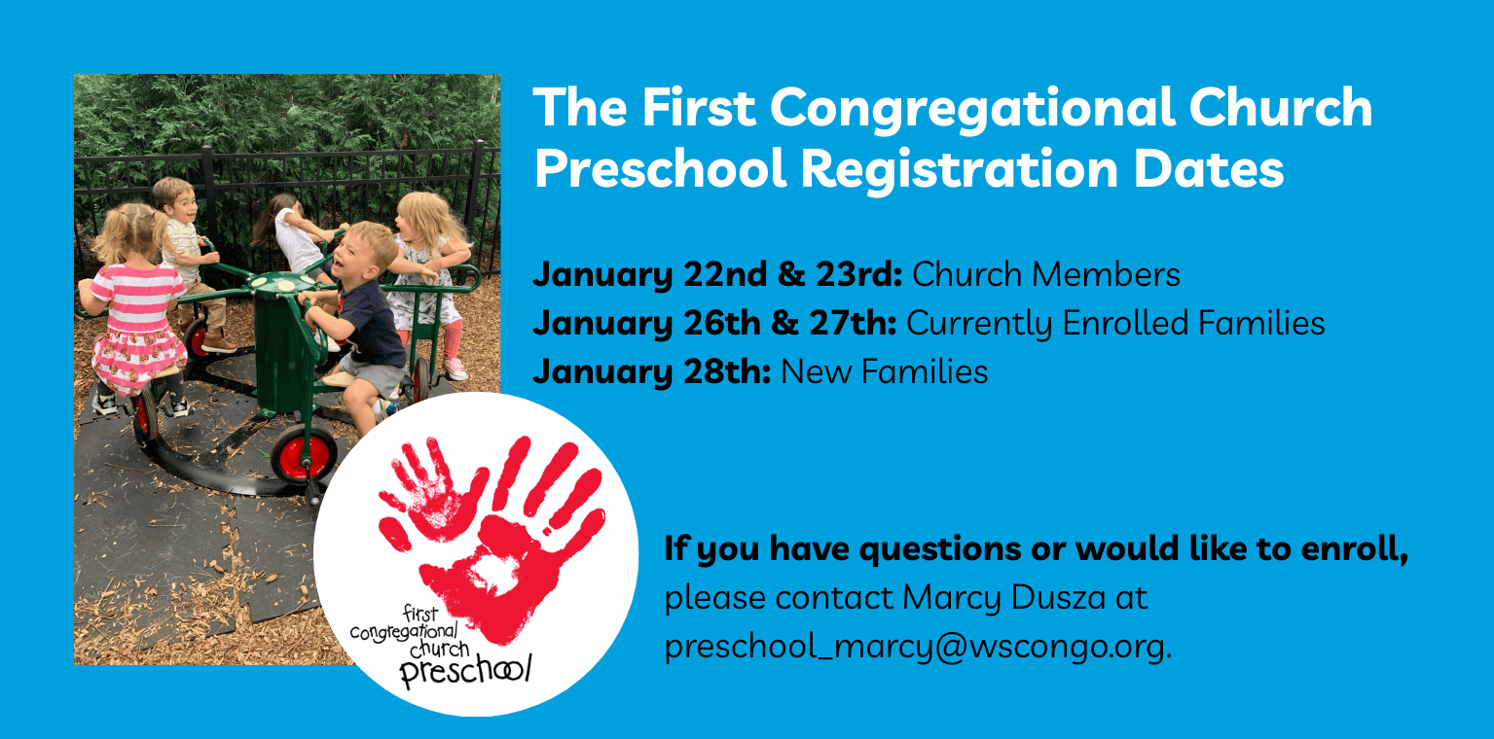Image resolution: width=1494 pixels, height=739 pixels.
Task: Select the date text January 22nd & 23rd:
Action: tap(717, 274)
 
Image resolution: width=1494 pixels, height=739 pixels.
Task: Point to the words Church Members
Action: tap(1045, 274)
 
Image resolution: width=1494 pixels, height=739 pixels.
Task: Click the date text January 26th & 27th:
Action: tap(714, 323)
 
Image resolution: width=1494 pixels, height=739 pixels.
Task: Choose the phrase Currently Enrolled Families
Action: tap(1115, 323)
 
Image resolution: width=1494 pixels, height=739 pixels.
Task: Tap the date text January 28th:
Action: tap(652, 371)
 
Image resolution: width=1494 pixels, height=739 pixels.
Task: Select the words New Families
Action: tap(885, 371)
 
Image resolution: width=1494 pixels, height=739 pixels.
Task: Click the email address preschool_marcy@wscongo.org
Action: tap(918, 647)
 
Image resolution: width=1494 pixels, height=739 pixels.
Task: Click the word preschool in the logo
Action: tap(465, 670)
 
